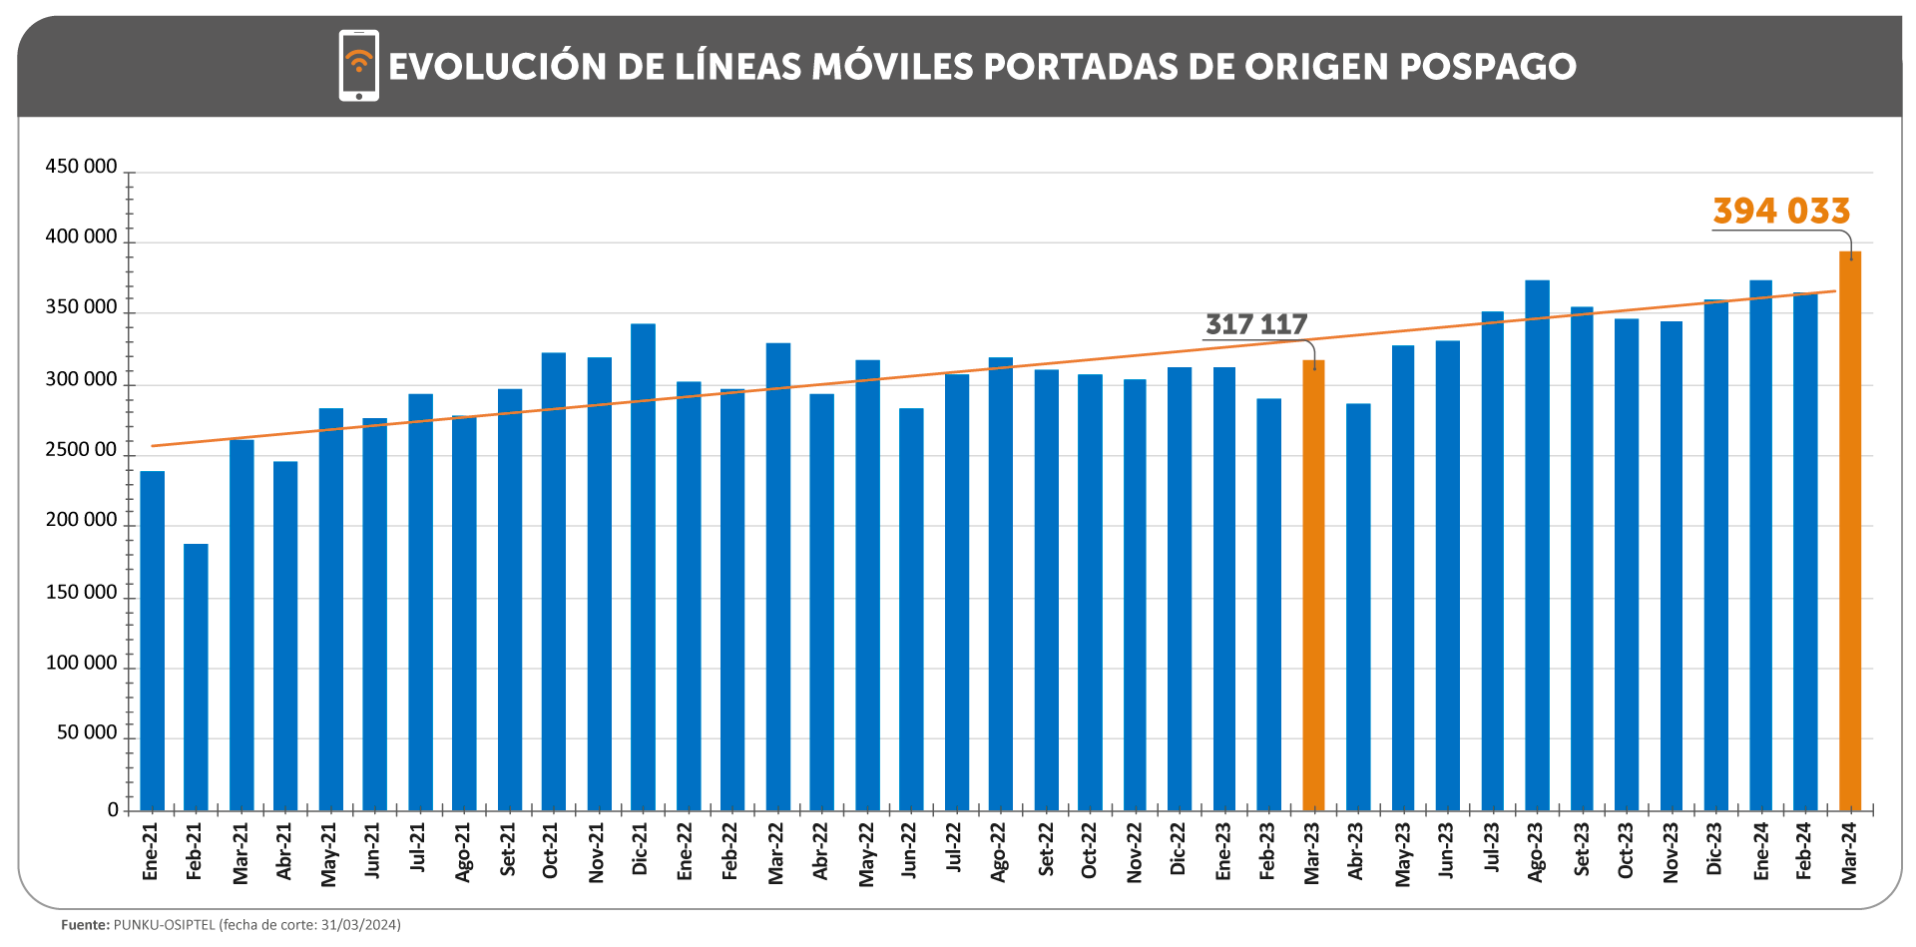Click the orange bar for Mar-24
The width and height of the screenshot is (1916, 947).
tap(1849, 530)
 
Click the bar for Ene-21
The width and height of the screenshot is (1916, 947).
tap(152, 640)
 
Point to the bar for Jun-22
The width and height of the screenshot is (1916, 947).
tap(911, 609)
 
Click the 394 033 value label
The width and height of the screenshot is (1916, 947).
tap(1781, 211)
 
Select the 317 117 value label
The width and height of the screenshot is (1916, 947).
tap(1255, 324)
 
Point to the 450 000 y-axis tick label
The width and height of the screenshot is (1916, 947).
tap(81, 167)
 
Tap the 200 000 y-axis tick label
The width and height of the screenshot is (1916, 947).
tap(81, 520)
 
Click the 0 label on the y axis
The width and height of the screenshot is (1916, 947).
tap(113, 809)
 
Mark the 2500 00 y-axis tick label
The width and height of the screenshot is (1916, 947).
tap(81, 450)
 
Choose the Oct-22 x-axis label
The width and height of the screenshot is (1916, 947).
tap(1089, 851)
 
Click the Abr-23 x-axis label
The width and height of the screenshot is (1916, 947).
tap(1356, 851)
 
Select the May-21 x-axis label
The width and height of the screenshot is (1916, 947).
tap(329, 854)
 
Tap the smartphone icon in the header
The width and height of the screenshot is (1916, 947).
tap(358, 66)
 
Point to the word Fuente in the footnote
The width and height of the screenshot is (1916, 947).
tap(85, 925)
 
